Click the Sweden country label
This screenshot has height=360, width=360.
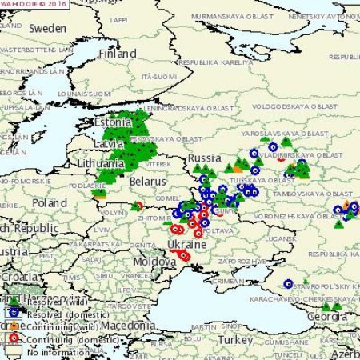tap(47, 27)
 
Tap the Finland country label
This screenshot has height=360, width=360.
tap(117, 54)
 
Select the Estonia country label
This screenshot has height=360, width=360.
tap(112, 123)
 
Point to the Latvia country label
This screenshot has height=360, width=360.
tap(109, 142)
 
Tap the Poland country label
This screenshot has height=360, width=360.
tap(50, 203)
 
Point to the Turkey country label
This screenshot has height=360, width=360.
tap(238, 339)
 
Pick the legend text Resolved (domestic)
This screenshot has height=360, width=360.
tap(62, 314)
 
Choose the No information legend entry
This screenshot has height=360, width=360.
tap(57, 351)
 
